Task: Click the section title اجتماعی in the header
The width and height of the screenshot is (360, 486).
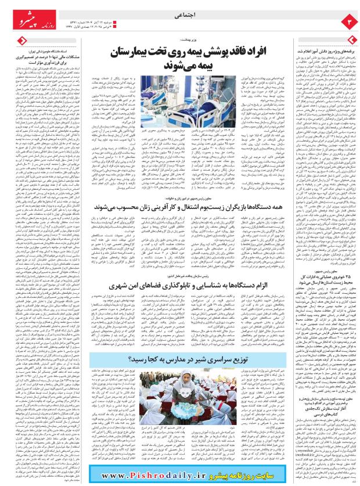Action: click(x=180, y=19)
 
